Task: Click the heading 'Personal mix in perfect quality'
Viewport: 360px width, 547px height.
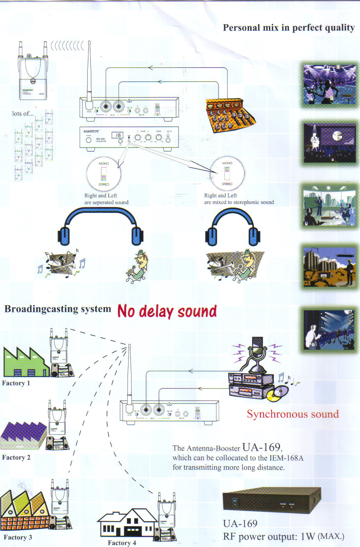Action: [x=288, y=27]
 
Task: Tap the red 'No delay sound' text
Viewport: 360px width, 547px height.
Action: [x=167, y=311]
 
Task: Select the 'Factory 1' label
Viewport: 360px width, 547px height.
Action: [x=16, y=383]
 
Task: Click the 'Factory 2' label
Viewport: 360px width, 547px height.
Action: [x=16, y=457]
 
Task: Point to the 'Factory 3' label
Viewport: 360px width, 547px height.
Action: [x=18, y=537]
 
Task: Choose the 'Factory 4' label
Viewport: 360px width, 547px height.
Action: [x=122, y=543]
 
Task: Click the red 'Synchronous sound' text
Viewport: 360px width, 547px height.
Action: [x=292, y=414]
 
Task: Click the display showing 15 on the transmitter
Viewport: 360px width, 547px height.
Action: [x=118, y=135]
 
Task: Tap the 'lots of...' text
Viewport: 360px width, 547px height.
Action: [x=23, y=114]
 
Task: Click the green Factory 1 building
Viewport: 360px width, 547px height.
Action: [x=25, y=363]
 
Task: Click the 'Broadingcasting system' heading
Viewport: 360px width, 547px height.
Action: [x=58, y=309]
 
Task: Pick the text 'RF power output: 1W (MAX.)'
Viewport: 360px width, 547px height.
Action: [x=283, y=536]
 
